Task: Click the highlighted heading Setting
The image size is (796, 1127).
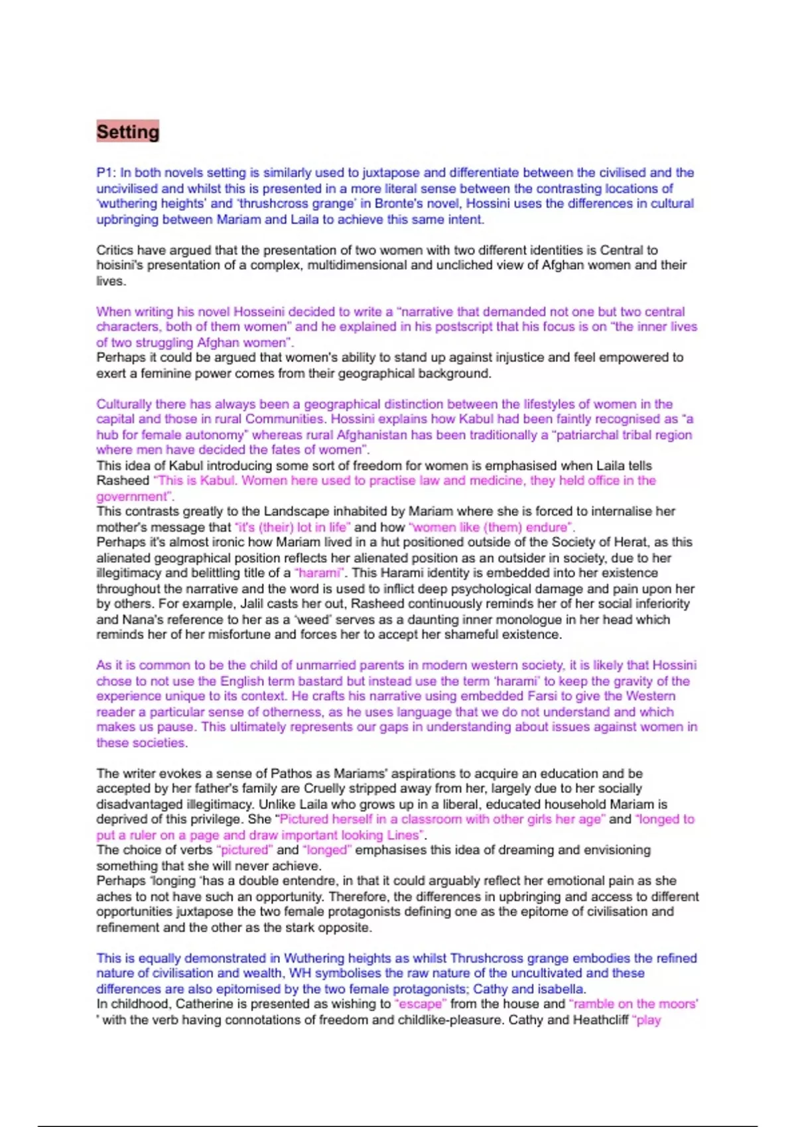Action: [x=128, y=132]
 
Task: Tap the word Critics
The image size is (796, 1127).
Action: [x=115, y=250]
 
